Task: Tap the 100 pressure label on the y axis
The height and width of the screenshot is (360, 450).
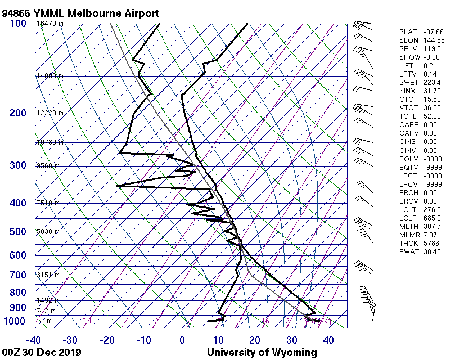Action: (18, 24)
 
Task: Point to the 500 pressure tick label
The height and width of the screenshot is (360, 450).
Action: (18, 232)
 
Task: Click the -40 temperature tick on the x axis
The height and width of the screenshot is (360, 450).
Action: (34, 340)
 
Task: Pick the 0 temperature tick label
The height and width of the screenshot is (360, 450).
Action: (182, 340)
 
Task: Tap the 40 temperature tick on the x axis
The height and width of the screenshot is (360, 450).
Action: (328, 340)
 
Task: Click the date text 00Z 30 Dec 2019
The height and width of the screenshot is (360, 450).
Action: (42, 353)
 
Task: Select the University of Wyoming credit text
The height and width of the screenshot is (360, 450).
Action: (262, 353)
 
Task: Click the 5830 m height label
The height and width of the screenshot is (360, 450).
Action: (48, 232)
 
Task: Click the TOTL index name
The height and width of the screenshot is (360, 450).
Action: (407, 116)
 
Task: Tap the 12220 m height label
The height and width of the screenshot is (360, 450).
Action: (49, 113)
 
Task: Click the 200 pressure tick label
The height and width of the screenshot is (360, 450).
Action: (18, 113)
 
